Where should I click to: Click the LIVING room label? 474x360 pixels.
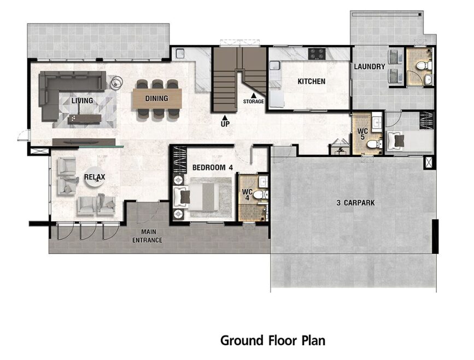tap(82, 101)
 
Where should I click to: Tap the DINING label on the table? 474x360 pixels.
tap(156, 98)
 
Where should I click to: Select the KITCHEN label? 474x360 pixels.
tap(312, 81)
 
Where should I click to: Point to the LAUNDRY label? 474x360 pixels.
tap(370, 67)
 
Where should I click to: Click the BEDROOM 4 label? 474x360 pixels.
tap(213, 167)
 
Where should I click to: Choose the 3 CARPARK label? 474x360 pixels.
tap(355, 203)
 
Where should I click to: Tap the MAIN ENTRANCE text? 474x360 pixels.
tap(147, 236)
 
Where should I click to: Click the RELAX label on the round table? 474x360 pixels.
tap(95, 177)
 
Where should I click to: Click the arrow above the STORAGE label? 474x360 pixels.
tap(253, 95)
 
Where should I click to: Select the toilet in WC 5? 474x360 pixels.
tap(374, 144)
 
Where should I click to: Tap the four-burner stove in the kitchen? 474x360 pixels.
tap(317, 54)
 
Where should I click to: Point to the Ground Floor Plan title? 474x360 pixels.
tap(273, 340)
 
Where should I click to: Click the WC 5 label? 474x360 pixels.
tap(362, 134)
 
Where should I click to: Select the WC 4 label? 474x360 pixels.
tap(247, 195)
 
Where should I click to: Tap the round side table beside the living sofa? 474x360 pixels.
tap(116, 82)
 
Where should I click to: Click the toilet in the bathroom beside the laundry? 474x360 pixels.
tap(423, 66)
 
